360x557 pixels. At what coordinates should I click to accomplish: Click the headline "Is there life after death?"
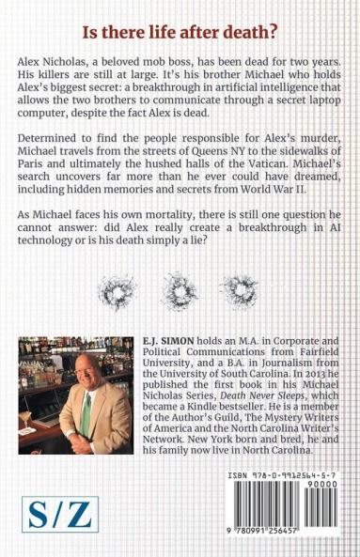coord(179,32)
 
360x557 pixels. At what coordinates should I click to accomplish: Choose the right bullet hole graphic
coord(258,286)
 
